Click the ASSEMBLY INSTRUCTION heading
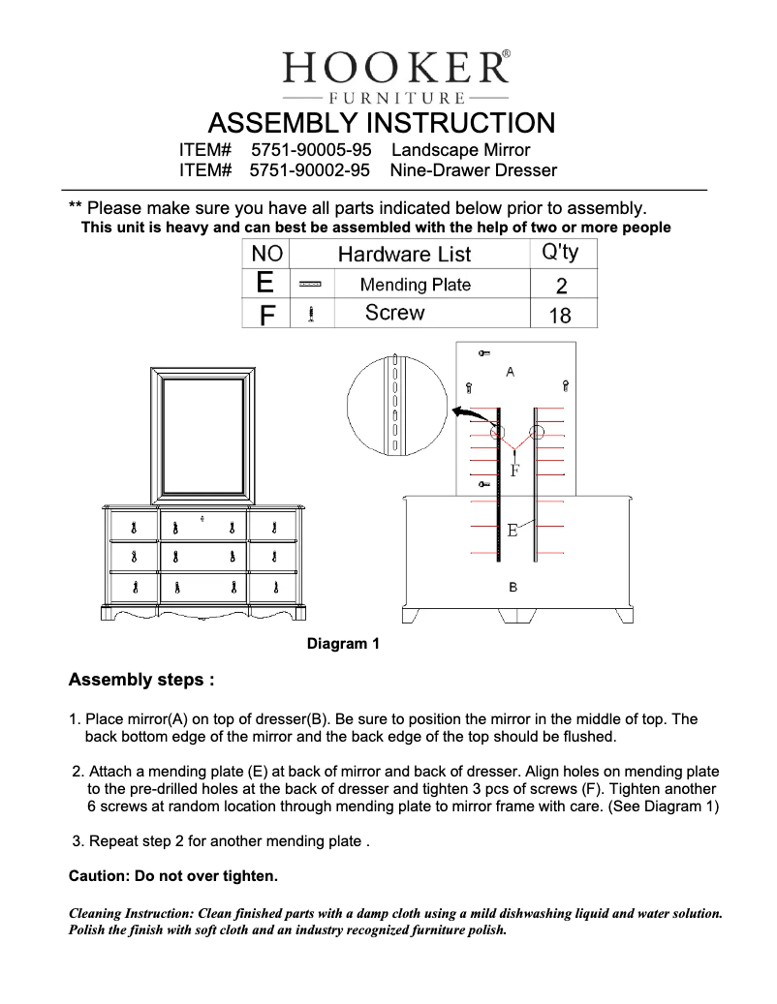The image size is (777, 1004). pyautogui.click(x=382, y=124)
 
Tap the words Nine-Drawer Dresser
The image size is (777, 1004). pyautogui.click(x=473, y=170)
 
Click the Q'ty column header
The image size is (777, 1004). pyautogui.click(x=560, y=253)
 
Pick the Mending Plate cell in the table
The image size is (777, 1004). pyautogui.click(x=415, y=285)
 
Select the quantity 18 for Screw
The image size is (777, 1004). pyautogui.click(x=560, y=315)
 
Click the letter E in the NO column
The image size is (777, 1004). pyautogui.click(x=264, y=284)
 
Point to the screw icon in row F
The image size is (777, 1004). pyautogui.click(x=310, y=314)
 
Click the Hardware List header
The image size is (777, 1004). pyautogui.click(x=404, y=254)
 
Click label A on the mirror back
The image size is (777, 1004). pyautogui.click(x=511, y=372)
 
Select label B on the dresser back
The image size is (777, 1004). pyautogui.click(x=513, y=588)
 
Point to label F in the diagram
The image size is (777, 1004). pyautogui.click(x=514, y=472)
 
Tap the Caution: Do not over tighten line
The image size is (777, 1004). pyautogui.click(x=172, y=876)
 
